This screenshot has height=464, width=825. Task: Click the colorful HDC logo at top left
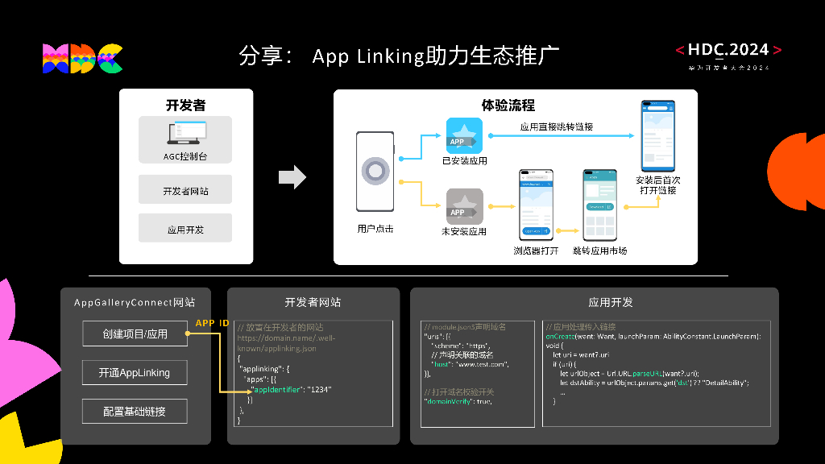(82, 58)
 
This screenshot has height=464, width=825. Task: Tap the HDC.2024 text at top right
(728, 50)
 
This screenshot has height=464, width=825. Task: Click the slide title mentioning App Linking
(399, 56)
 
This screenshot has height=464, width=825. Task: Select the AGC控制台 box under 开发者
(184, 140)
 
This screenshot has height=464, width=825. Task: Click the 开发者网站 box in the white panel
(184, 191)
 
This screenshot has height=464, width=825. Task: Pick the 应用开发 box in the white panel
(184, 229)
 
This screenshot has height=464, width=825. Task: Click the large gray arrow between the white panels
(292, 176)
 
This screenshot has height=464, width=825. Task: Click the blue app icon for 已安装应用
(464, 135)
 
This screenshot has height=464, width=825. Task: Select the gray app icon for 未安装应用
(464, 205)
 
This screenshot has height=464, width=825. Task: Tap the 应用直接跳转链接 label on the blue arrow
(556, 126)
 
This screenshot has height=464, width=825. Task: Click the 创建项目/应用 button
(135, 333)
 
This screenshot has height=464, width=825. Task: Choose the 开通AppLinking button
(135, 373)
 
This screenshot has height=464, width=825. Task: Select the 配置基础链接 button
(135, 412)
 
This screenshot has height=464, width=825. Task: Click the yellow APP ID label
(212, 323)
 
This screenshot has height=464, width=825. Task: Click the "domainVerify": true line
(457, 400)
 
